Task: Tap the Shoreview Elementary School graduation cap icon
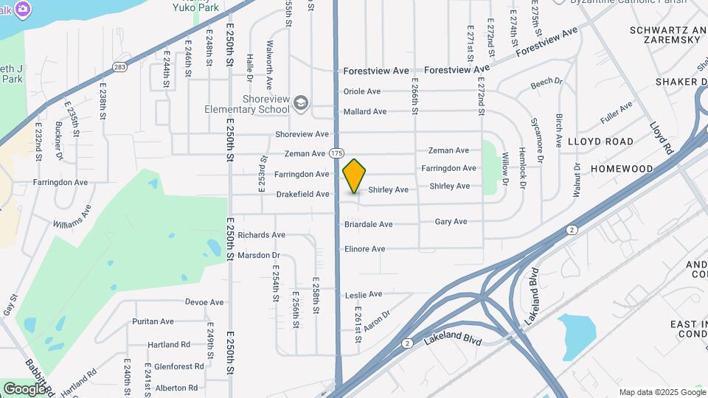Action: pyautogui.click(x=300, y=102)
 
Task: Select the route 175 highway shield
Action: pyautogui.click(x=337, y=153)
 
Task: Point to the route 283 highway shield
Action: pyautogui.click(x=119, y=67)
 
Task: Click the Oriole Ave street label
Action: pyautogui.click(x=362, y=91)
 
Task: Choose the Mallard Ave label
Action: pyautogui.click(x=365, y=112)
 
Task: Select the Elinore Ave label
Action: pyautogui.click(x=365, y=249)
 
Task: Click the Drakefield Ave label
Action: pyautogui.click(x=302, y=195)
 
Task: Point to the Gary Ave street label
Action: pyautogui.click(x=451, y=221)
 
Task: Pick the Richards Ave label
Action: pyautogui.click(x=261, y=235)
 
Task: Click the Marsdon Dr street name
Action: pyautogui.click(x=259, y=255)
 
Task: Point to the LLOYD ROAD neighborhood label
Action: pyautogui.click(x=600, y=141)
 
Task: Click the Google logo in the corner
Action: pyautogui.click(x=24, y=388)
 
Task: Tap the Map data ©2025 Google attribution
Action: pyautogui.click(x=662, y=392)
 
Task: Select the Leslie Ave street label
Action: pyautogui.click(x=364, y=295)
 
